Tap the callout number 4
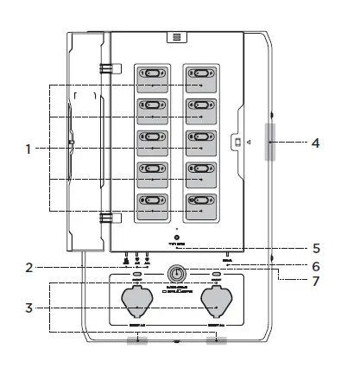tap(316, 142)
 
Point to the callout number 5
tap(316, 247)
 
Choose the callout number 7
tap(316, 282)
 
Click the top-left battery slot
tap(153, 78)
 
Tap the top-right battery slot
tap(202, 78)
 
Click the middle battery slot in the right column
tap(202, 141)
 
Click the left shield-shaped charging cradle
tap(138, 303)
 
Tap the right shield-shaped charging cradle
tap(216, 303)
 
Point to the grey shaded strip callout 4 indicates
tap(271, 142)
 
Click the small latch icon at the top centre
tap(176, 37)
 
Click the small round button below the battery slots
tap(176, 238)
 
